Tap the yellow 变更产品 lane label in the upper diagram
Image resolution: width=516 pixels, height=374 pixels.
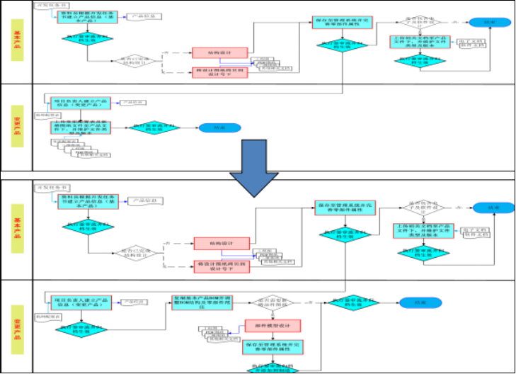coord(16,125)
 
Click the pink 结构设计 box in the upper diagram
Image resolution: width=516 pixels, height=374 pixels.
coord(219,52)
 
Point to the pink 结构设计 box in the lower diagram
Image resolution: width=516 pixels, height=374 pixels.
coord(221,244)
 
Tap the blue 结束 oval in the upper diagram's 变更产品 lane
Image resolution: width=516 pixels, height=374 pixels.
coord(212,128)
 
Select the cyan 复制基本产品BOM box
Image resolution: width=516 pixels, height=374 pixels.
coord(202,302)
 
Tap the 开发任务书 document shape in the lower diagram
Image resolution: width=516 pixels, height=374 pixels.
coord(48,186)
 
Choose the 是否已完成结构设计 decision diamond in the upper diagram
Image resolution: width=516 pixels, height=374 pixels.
coord(135,62)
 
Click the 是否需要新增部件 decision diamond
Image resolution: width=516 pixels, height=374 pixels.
coord(273,302)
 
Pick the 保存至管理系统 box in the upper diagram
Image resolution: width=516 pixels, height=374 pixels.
coord(341,22)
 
